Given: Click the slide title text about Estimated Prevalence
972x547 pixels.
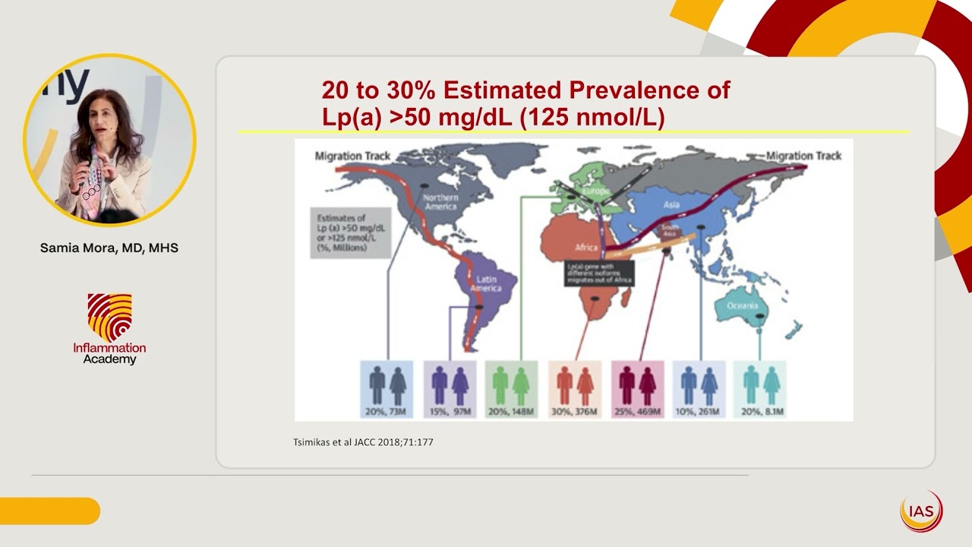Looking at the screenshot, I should coord(525,103).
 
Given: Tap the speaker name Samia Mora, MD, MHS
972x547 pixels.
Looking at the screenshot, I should coord(109,248).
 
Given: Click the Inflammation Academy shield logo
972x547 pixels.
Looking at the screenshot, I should coord(109,318).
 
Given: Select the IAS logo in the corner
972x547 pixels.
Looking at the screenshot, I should coord(921,511).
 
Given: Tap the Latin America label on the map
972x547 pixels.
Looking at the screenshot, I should coord(486,284).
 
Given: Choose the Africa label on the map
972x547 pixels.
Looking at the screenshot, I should coord(587,248).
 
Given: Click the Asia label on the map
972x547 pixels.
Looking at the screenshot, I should coord(671,204).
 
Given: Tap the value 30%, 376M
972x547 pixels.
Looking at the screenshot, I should coord(575,412).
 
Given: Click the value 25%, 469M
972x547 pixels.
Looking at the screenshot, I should coord(639,412).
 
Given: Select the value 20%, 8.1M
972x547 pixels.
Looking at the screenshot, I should coord(761,412).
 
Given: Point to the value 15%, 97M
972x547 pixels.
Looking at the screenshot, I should coord(450,412).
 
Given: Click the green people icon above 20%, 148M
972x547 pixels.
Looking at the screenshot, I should coord(510,385).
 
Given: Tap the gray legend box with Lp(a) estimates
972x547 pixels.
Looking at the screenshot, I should coord(346,232).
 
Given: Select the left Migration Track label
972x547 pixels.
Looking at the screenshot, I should coord(352,156).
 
